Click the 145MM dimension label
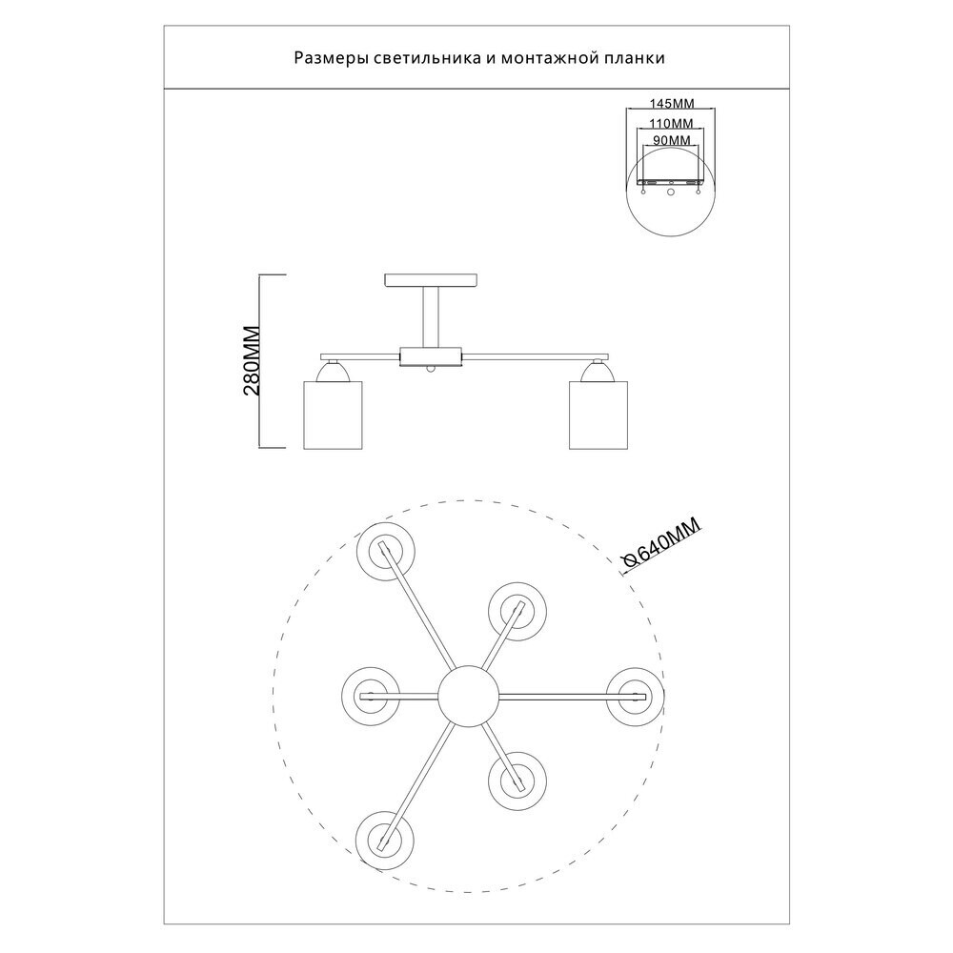pyautogui.click(x=671, y=103)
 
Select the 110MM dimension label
pyautogui.click(x=671, y=124)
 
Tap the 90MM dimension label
pyautogui.click(x=671, y=141)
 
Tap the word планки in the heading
pyautogui.click(x=631, y=58)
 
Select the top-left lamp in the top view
pyautogui.click(x=386, y=550)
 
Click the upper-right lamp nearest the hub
pyautogui.click(x=516, y=607)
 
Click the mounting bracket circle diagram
pyautogui.click(x=671, y=195)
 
